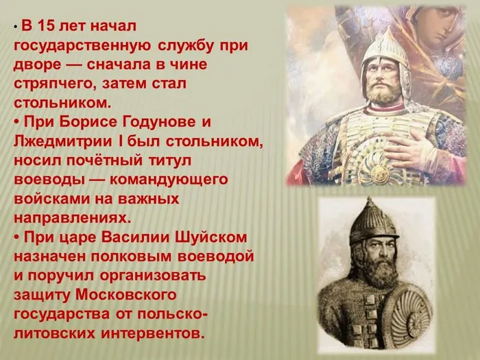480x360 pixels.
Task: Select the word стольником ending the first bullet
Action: [60, 103]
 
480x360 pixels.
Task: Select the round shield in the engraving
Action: [405, 315]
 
